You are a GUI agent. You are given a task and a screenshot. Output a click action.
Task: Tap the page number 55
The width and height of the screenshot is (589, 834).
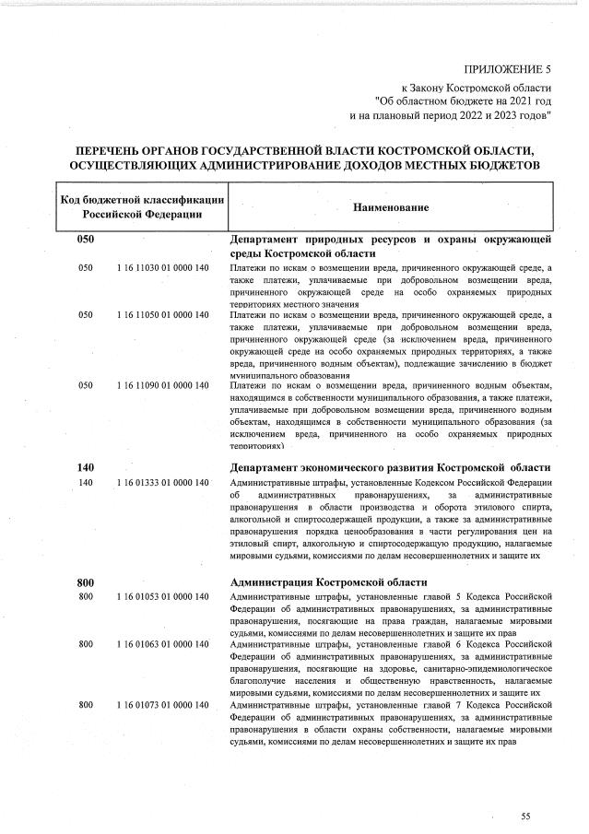(x=525, y=816)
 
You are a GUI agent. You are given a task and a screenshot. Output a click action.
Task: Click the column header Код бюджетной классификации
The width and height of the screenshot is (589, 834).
(x=142, y=200)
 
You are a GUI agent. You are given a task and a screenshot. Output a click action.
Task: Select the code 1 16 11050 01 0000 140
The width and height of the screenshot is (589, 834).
(x=164, y=315)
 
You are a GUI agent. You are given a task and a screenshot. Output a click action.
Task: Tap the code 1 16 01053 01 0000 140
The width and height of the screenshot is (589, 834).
(x=164, y=597)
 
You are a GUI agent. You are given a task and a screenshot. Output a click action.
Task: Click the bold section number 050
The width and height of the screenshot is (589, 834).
(x=87, y=240)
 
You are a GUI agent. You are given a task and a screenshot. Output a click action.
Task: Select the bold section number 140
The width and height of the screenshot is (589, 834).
(x=87, y=467)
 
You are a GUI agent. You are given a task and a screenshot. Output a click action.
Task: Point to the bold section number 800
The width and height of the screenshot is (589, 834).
(x=87, y=582)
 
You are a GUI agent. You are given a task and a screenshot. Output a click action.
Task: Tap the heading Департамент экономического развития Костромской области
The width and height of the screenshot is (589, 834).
(x=390, y=467)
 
